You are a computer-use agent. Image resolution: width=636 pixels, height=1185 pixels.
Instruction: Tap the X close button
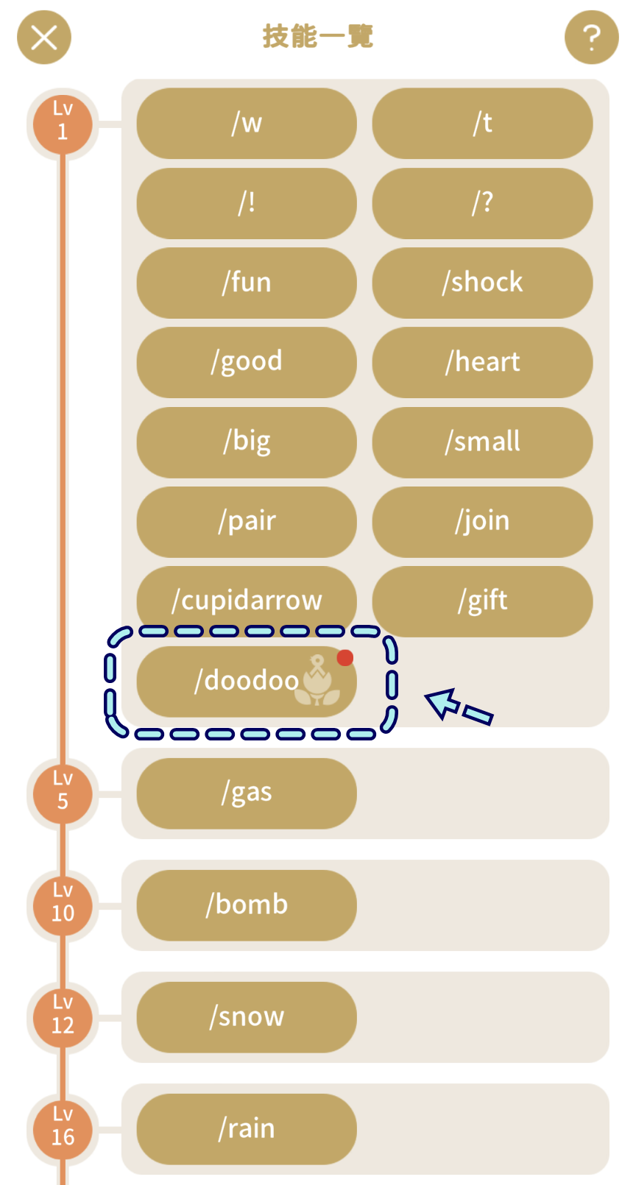pyautogui.click(x=44, y=38)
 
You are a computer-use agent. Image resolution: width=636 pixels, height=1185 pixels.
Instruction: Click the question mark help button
pyautogui.click(x=592, y=38)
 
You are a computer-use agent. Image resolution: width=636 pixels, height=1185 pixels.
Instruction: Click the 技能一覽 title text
pyautogui.click(x=318, y=37)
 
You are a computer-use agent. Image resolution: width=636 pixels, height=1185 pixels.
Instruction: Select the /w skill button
pyautogui.click(x=247, y=123)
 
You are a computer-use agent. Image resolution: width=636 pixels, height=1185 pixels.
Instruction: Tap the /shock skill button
pyautogui.click(x=483, y=283)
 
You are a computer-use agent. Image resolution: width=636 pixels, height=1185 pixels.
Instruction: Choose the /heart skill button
pyautogui.click(x=483, y=362)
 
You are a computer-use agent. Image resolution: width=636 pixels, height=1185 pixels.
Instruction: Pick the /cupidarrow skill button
pyautogui.click(x=247, y=601)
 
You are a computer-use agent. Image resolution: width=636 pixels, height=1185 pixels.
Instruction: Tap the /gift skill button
pyautogui.click(x=483, y=601)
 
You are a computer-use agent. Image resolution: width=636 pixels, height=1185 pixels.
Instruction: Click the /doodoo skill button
pyautogui.click(x=247, y=682)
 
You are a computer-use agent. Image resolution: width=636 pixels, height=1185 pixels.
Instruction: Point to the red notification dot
pyautogui.click(x=345, y=657)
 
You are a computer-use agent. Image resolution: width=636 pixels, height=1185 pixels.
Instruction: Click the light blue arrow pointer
pyautogui.click(x=458, y=707)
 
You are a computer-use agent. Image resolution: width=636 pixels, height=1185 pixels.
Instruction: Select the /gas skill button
pyautogui.click(x=247, y=793)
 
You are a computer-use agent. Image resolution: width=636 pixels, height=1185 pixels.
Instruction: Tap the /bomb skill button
pyautogui.click(x=247, y=905)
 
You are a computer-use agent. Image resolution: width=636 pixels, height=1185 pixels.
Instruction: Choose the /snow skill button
pyautogui.click(x=247, y=1017)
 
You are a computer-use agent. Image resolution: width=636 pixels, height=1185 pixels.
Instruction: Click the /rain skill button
pyautogui.click(x=247, y=1130)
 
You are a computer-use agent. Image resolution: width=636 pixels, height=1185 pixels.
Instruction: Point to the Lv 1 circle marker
pyautogui.click(x=63, y=124)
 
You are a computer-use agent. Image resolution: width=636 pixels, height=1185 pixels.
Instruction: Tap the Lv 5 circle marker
pyautogui.click(x=63, y=794)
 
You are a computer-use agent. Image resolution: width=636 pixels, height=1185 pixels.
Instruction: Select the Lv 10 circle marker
pyautogui.click(x=63, y=906)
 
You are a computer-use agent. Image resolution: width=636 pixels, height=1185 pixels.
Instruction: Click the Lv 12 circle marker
pyautogui.click(x=63, y=1018)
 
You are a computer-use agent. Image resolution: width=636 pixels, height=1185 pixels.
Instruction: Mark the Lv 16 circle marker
pyautogui.click(x=63, y=1130)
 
